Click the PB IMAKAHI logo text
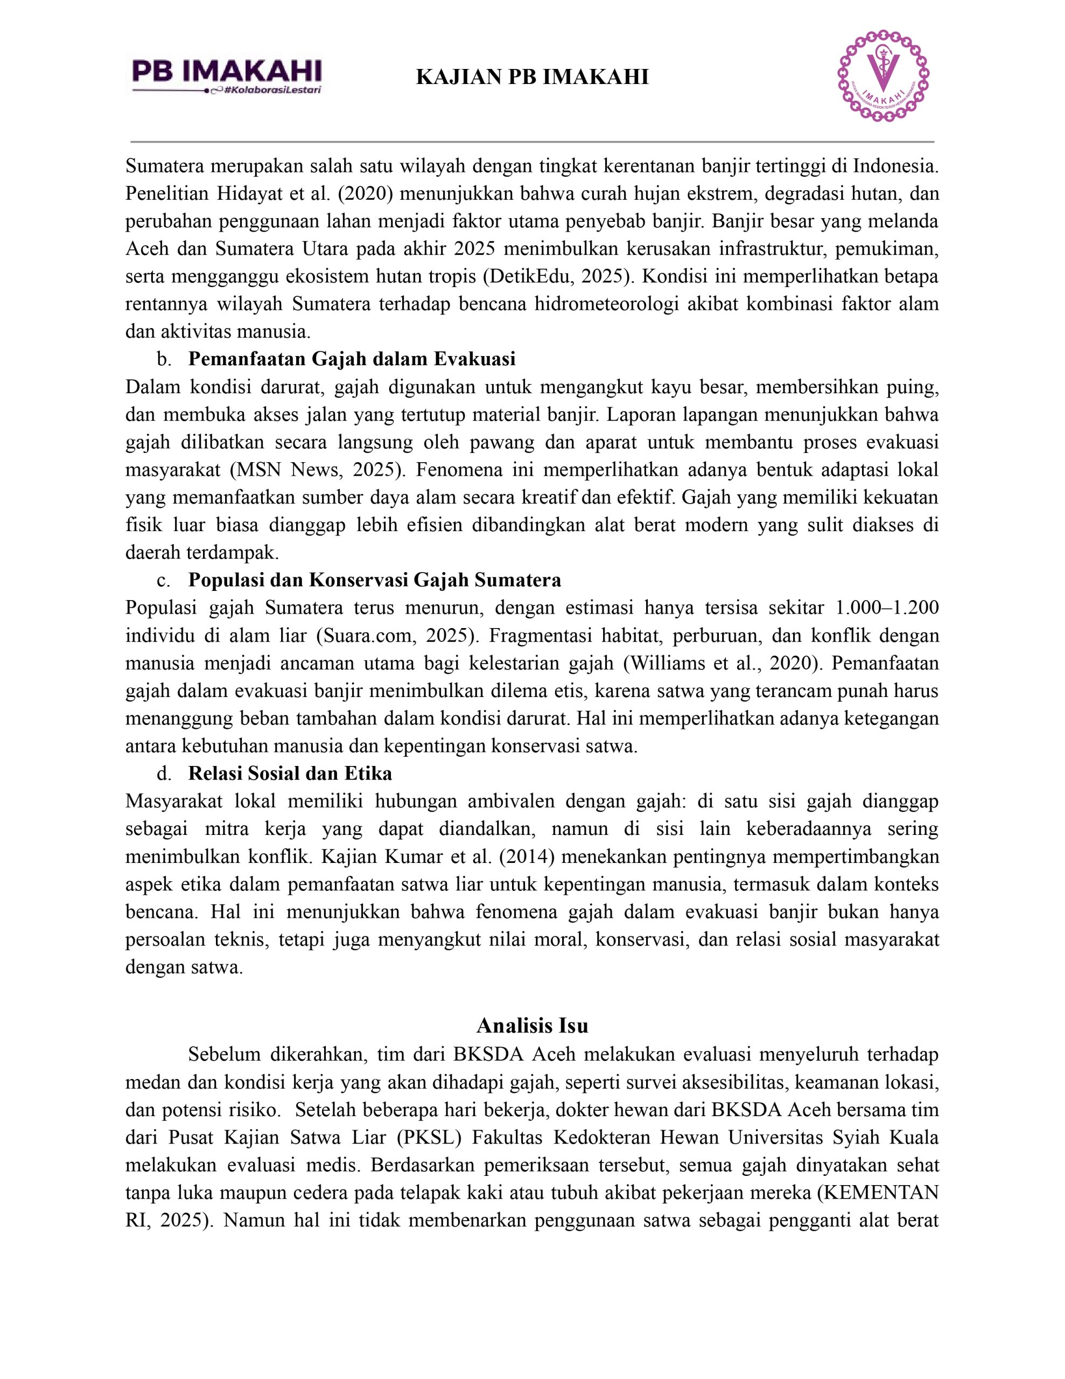click(227, 71)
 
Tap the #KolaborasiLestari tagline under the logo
click(273, 90)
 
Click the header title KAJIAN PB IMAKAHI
click(532, 77)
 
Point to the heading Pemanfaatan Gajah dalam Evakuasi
click(352, 359)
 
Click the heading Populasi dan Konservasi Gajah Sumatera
click(374, 580)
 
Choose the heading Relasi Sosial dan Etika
click(290, 774)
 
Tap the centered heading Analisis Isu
click(532, 1026)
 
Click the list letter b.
click(164, 359)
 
